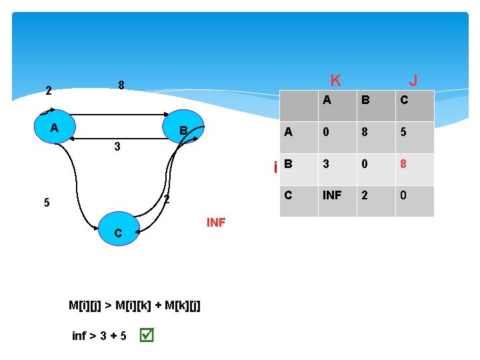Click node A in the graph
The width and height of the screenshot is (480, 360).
pyautogui.click(x=54, y=127)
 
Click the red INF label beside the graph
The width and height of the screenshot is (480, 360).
pyautogui.click(x=216, y=223)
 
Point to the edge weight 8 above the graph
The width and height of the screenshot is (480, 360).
pyautogui.click(x=121, y=85)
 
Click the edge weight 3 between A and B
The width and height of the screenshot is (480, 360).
pyautogui.click(x=117, y=147)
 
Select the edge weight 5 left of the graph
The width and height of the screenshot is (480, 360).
pyautogui.click(x=46, y=203)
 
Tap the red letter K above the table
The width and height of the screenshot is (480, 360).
pyautogui.click(x=335, y=81)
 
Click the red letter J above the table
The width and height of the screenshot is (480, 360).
pyautogui.click(x=413, y=81)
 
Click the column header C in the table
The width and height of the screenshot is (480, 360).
pyautogui.click(x=404, y=101)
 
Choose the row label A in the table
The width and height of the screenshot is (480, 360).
pyautogui.click(x=288, y=132)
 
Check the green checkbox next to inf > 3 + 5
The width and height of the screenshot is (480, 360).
pyautogui.click(x=147, y=335)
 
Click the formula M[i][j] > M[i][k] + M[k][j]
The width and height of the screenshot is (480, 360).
pyautogui.click(x=135, y=305)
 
